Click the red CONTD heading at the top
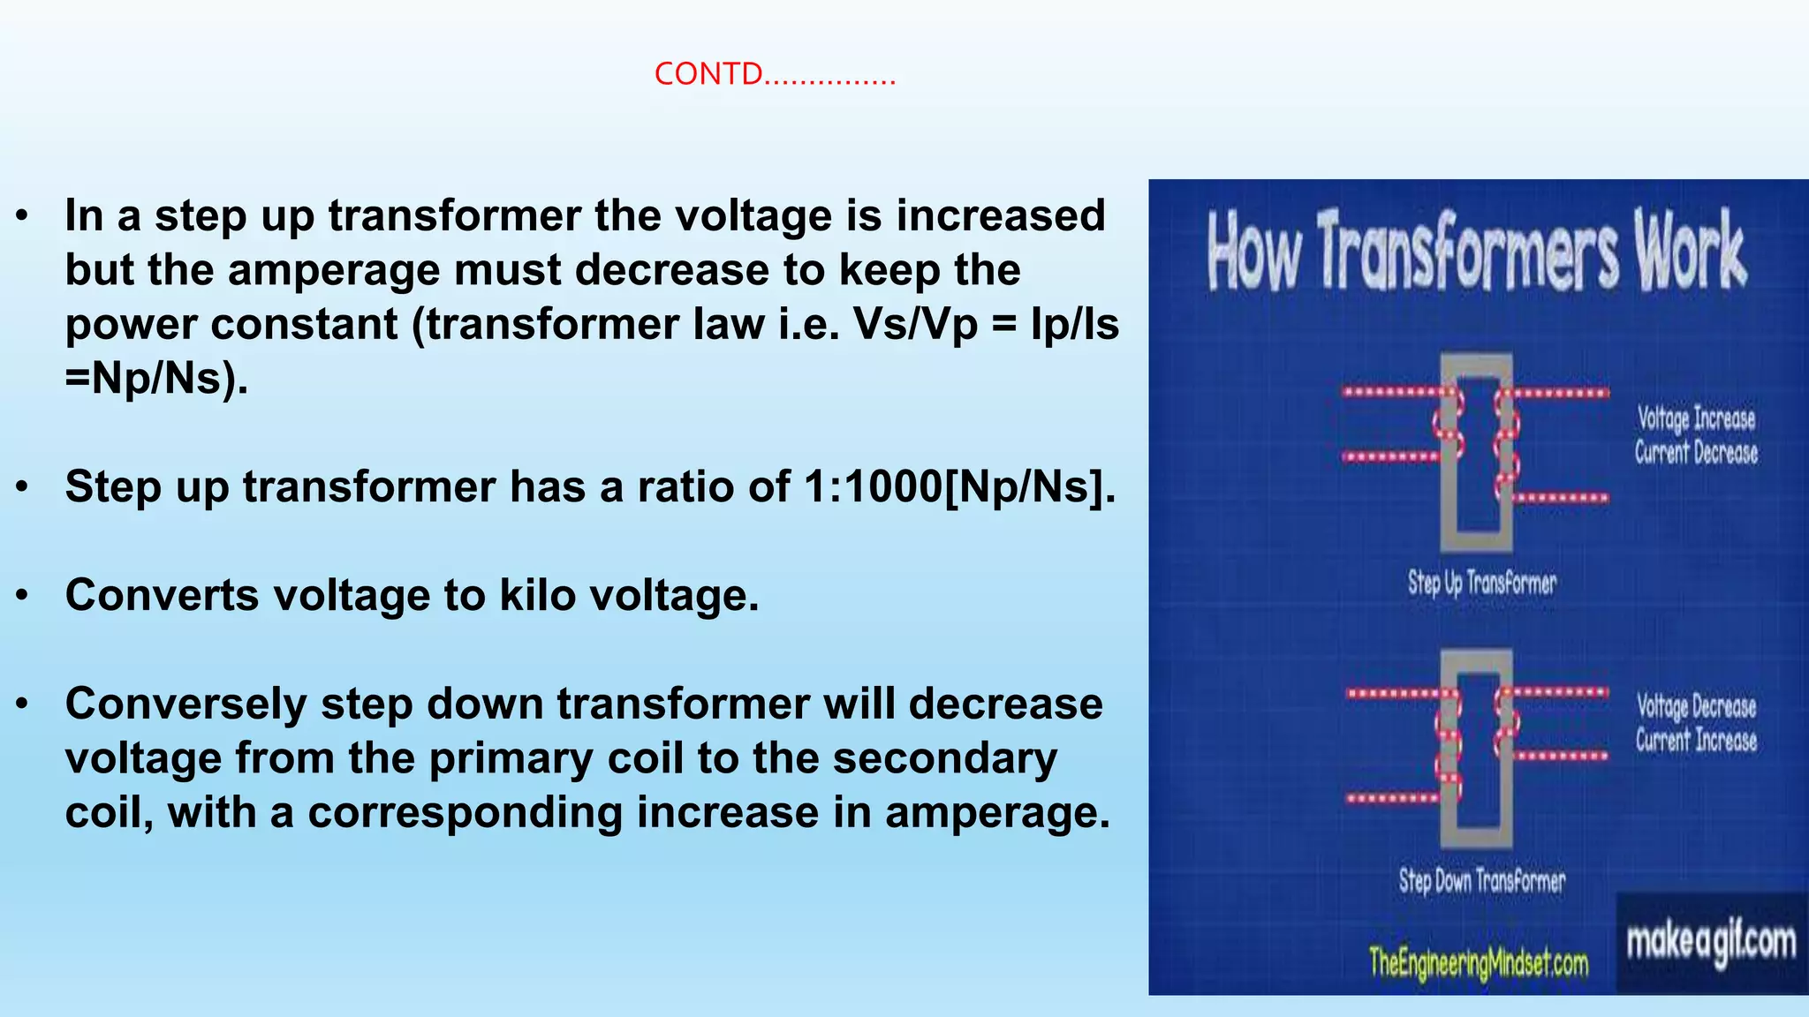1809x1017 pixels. (x=774, y=74)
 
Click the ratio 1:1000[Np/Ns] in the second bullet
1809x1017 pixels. (x=959, y=487)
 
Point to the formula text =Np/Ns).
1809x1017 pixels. (x=156, y=379)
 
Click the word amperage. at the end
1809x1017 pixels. (x=997, y=813)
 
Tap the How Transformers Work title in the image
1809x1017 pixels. (x=1476, y=252)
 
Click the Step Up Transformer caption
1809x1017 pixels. (x=1481, y=583)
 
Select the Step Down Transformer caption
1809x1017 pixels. (x=1481, y=880)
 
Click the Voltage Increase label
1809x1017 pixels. (x=1696, y=418)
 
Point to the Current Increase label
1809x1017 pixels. (x=1695, y=740)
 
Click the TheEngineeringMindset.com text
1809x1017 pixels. (x=1478, y=962)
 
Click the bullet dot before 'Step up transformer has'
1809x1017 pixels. (x=23, y=487)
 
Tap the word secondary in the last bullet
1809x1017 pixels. (x=944, y=759)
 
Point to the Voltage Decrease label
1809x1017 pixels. (x=1695, y=706)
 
